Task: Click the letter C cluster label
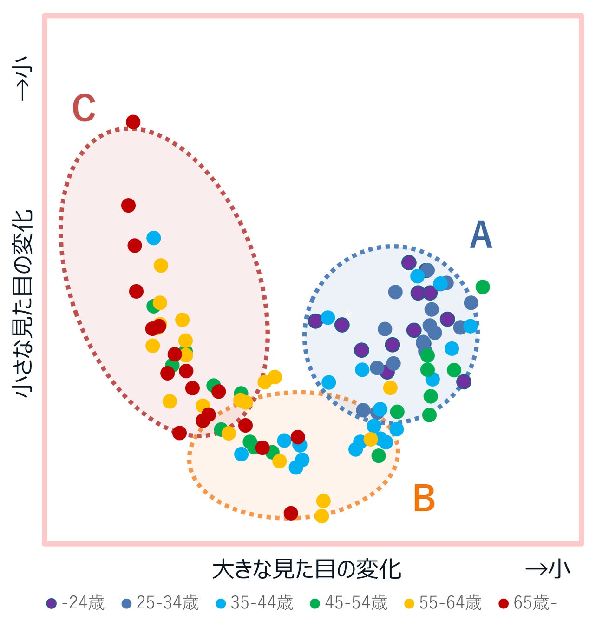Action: coord(84,108)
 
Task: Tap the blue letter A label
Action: coord(481,235)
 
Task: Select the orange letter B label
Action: coord(424,498)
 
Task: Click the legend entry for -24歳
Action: coord(76,603)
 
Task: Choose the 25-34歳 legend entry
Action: coord(160,603)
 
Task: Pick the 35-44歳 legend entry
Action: coord(255,603)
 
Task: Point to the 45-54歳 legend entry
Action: coord(349,603)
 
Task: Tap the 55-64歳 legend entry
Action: coord(444,603)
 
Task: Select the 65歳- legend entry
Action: coord(528,603)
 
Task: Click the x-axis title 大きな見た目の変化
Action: coord(307,569)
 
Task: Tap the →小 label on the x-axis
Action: coord(547,569)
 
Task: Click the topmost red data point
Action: coord(133,122)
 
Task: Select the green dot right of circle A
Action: coord(483,287)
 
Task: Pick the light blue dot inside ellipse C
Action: coord(154,238)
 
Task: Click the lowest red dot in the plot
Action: coord(291,513)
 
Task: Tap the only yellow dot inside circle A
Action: coord(390,387)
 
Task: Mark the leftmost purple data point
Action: coord(315,321)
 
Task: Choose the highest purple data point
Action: coord(409,262)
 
